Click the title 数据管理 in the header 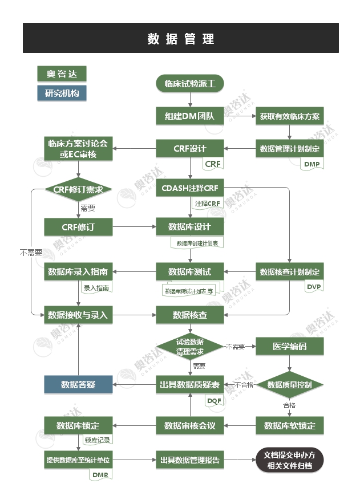[180, 38]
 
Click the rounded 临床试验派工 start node [189, 84]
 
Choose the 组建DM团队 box [189, 116]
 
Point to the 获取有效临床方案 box [289, 116]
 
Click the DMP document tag [312, 164]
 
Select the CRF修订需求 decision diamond [78, 190]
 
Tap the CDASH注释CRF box [189, 189]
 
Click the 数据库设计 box [189, 226]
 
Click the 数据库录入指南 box [78, 271]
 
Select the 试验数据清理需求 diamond [189, 346]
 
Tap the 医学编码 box [289, 346]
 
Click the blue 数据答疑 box [78, 385]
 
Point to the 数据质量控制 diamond [289, 385]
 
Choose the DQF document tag [213, 401]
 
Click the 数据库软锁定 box [289, 425]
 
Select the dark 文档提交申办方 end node [289, 460]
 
